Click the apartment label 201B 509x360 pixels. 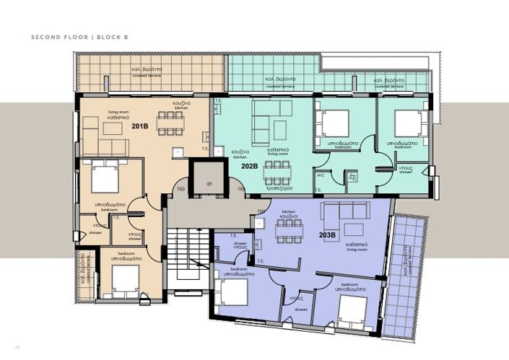pyautogui.click(x=140, y=126)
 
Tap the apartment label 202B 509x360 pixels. pyautogui.click(x=250, y=165)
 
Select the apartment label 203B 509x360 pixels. pyautogui.click(x=327, y=234)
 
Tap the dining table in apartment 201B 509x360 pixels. pyautogui.click(x=171, y=123)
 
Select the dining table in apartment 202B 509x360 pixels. pyautogui.click(x=277, y=173)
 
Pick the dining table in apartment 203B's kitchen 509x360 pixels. pyautogui.click(x=289, y=232)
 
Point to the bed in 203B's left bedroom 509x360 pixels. pyautogui.click(x=235, y=292)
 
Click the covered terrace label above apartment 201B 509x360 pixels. pyautogui.click(x=147, y=71)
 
